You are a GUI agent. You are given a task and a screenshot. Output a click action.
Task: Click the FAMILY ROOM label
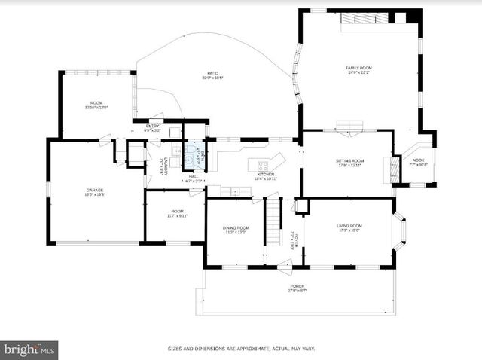(358, 68)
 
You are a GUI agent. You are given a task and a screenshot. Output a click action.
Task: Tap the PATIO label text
(212, 73)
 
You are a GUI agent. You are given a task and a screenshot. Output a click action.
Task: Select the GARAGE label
(94, 190)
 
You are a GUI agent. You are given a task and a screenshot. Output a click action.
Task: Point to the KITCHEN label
(265, 175)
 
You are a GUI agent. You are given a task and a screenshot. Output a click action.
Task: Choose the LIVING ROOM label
(349, 226)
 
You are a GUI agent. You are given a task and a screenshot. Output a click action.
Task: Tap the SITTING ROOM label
(350, 161)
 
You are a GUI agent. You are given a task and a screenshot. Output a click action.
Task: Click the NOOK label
(418, 160)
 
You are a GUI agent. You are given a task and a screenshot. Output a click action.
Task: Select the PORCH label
(298, 287)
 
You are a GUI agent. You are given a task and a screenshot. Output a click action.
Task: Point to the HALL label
(194, 176)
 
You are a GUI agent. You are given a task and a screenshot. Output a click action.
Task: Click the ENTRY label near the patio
(153, 126)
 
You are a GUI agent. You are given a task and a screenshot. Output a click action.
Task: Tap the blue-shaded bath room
(194, 152)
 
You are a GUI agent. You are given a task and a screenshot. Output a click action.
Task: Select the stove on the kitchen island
(264, 164)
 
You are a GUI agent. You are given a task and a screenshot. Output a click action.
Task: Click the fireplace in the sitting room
(392, 169)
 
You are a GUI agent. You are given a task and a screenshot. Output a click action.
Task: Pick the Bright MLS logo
(29, 350)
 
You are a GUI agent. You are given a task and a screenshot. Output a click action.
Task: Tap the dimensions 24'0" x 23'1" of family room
(358, 73)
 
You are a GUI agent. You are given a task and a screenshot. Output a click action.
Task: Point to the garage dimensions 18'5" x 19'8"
(94, 195)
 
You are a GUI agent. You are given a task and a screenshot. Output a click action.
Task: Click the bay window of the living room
(400, 230)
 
